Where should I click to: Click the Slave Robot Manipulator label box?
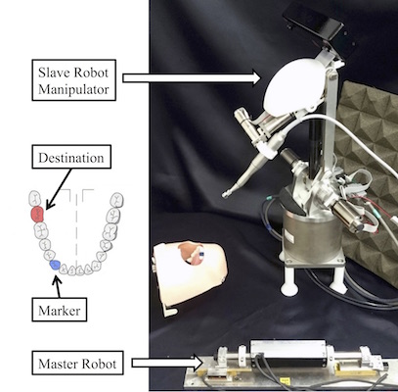click(x=73, y=79)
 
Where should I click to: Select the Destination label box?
click(x=71, y=157)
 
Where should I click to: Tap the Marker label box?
click(x=60, y=310)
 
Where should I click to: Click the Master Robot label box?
click(x=77, y=363)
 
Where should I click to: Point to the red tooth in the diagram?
click(x=37, y=215)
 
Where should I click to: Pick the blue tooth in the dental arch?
click(x=55, y=265)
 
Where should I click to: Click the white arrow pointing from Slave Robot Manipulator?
click(x=191, y=77)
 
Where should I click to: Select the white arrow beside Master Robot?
click(x=167, y=363)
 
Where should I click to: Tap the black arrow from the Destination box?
click(x=59, y=189)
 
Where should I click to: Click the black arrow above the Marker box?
click(x=58, y=286)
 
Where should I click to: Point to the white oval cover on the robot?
click(x=293, y=88)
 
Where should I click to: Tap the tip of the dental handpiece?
click(x=225, y=195)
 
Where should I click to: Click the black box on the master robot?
click(x=288, y=353)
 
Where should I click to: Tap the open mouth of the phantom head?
click(x=194, y=258)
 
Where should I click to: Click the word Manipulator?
click(x=73, y=89)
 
